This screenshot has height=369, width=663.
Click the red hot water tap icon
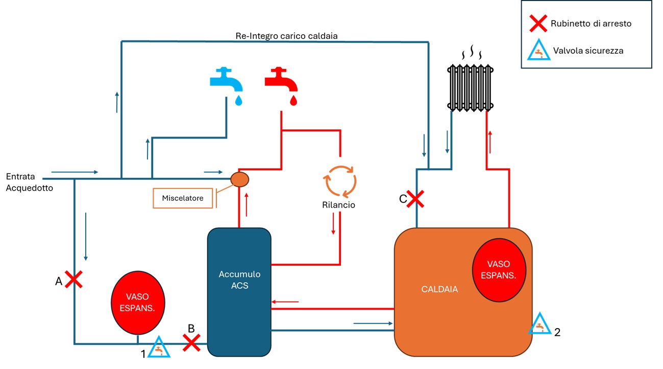[x=282, y=82]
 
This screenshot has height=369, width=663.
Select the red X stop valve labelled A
[x=73, y=280]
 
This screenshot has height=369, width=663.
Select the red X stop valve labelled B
[x=191, y=342]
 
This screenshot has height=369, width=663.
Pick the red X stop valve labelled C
[x=416, y=199]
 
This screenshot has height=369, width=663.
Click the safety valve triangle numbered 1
[x=159, y=348]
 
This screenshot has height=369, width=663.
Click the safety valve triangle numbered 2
[x=539, y=324]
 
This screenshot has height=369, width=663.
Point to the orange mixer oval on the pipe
[x=239, y=179]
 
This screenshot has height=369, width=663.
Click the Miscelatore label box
[x=183, y=198]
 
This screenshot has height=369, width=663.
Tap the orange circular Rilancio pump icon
[x=339, y=180]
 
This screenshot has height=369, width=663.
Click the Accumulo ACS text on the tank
[x=239, y=280]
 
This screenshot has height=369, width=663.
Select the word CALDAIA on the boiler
[x=439, y=289]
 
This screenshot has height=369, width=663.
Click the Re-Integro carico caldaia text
[x=286, y=36]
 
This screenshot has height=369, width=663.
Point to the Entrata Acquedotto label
[x=29, y=182]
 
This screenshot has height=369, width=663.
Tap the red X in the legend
[x=539, y=24]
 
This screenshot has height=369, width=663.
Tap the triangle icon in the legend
[x=539, y=50]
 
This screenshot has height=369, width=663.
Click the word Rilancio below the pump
[x=338, y=205]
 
